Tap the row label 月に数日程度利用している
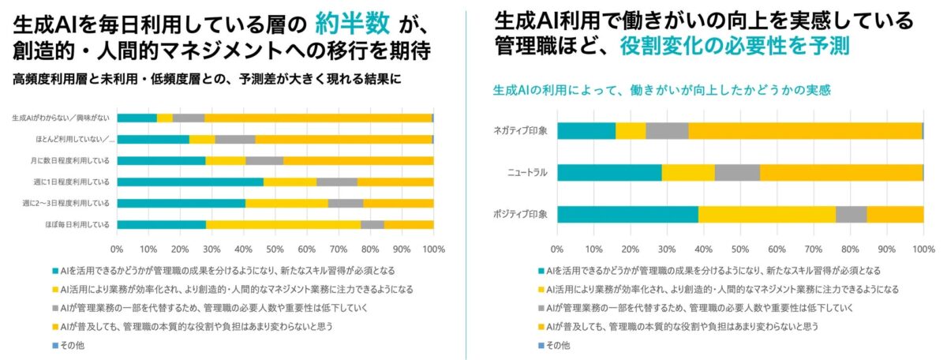point(77,160)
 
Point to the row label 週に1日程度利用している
point(77,182)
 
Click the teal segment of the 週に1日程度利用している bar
point(190,182)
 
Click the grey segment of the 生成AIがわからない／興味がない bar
point(189,118)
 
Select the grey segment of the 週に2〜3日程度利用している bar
point(346,203)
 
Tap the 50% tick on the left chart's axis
point(275,249)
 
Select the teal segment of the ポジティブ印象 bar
point(627,214)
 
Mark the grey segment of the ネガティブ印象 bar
point(667,131)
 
